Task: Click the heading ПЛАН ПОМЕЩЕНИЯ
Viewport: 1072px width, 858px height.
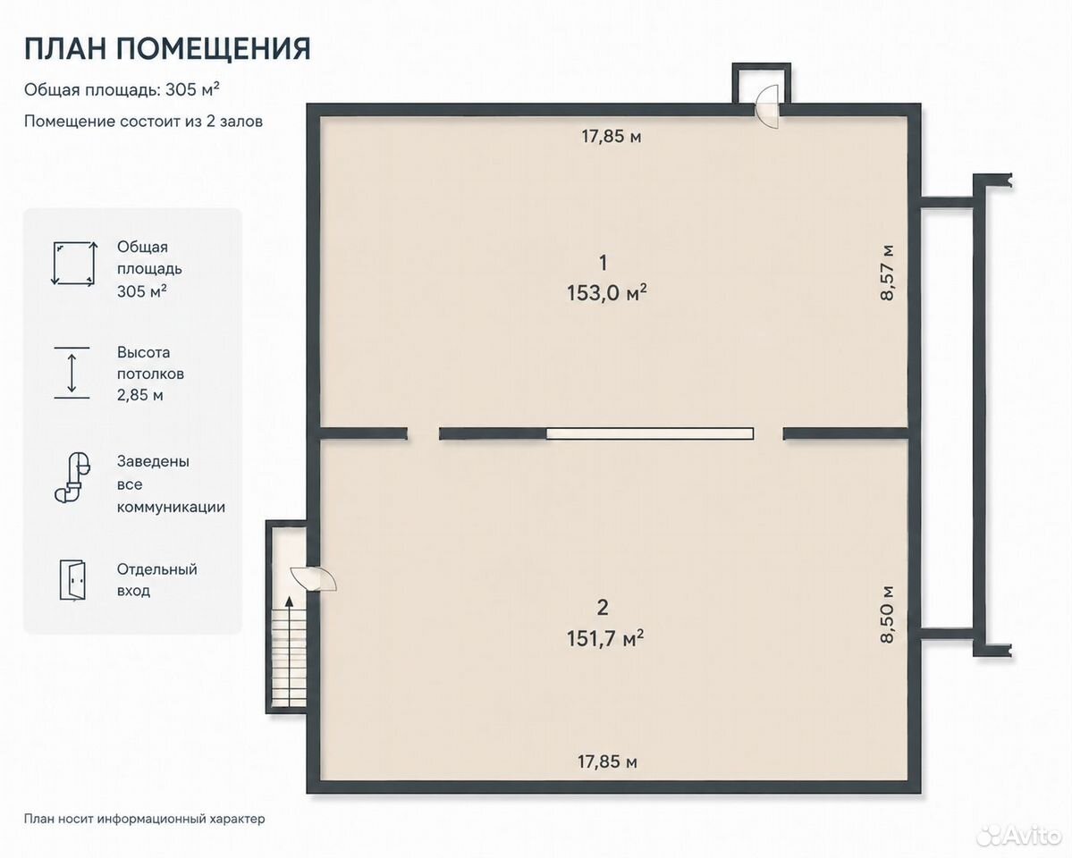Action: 167,49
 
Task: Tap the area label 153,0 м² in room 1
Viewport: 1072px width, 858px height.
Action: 606,292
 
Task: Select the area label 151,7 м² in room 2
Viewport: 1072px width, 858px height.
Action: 605,638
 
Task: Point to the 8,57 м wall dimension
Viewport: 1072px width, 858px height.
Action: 887,272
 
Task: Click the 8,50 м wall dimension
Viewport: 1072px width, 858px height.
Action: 887,614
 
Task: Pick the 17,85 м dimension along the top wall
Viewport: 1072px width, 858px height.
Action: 612,137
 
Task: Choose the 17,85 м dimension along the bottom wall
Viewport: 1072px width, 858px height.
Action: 607,761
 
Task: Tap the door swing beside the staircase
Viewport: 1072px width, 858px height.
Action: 315,578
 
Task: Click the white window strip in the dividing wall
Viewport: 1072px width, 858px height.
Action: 649,433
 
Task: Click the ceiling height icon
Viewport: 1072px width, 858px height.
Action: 72,373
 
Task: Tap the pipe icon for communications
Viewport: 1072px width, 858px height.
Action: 72,477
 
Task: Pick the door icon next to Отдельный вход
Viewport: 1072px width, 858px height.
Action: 72,580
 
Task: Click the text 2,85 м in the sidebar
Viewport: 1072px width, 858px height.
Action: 140,395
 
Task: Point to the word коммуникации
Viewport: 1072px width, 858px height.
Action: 171,508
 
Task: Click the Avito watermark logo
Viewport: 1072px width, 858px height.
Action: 1017,834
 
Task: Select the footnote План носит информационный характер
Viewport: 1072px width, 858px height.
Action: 144,819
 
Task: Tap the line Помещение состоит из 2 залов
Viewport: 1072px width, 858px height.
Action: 144,122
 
